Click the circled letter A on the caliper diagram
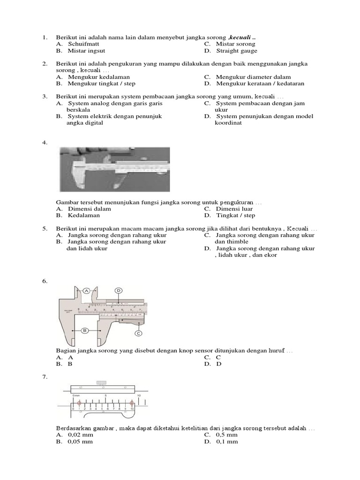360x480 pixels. pyautogui.click(x=87, y=291)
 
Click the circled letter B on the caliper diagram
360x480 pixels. pyautogui.click(x=85, y=330)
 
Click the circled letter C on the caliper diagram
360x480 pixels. pyautogui.click(x=138, y=333)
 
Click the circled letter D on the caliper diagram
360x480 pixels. pyautogui.click(x=119, y=291)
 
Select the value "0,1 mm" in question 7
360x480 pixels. pyautogui.click(x=227, y=441)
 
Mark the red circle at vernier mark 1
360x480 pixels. pyautogui.click(x=79, y=403)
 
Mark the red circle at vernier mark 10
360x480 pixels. pyautogui.click(x=132, y=403)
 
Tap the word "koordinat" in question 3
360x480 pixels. pyautogui.click(x=228, y=123)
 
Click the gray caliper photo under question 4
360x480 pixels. pyautogui.click(x=115, y=169)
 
